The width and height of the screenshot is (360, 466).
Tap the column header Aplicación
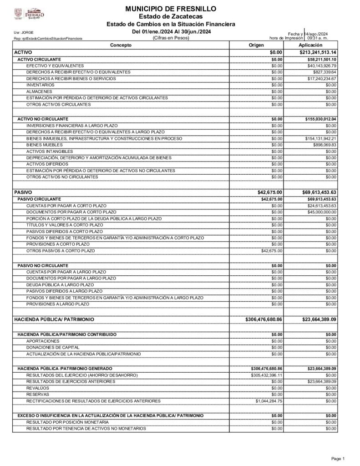(311, 46)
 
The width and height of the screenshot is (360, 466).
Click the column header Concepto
(121, 46)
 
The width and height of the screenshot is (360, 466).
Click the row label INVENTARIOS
(40, 85)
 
